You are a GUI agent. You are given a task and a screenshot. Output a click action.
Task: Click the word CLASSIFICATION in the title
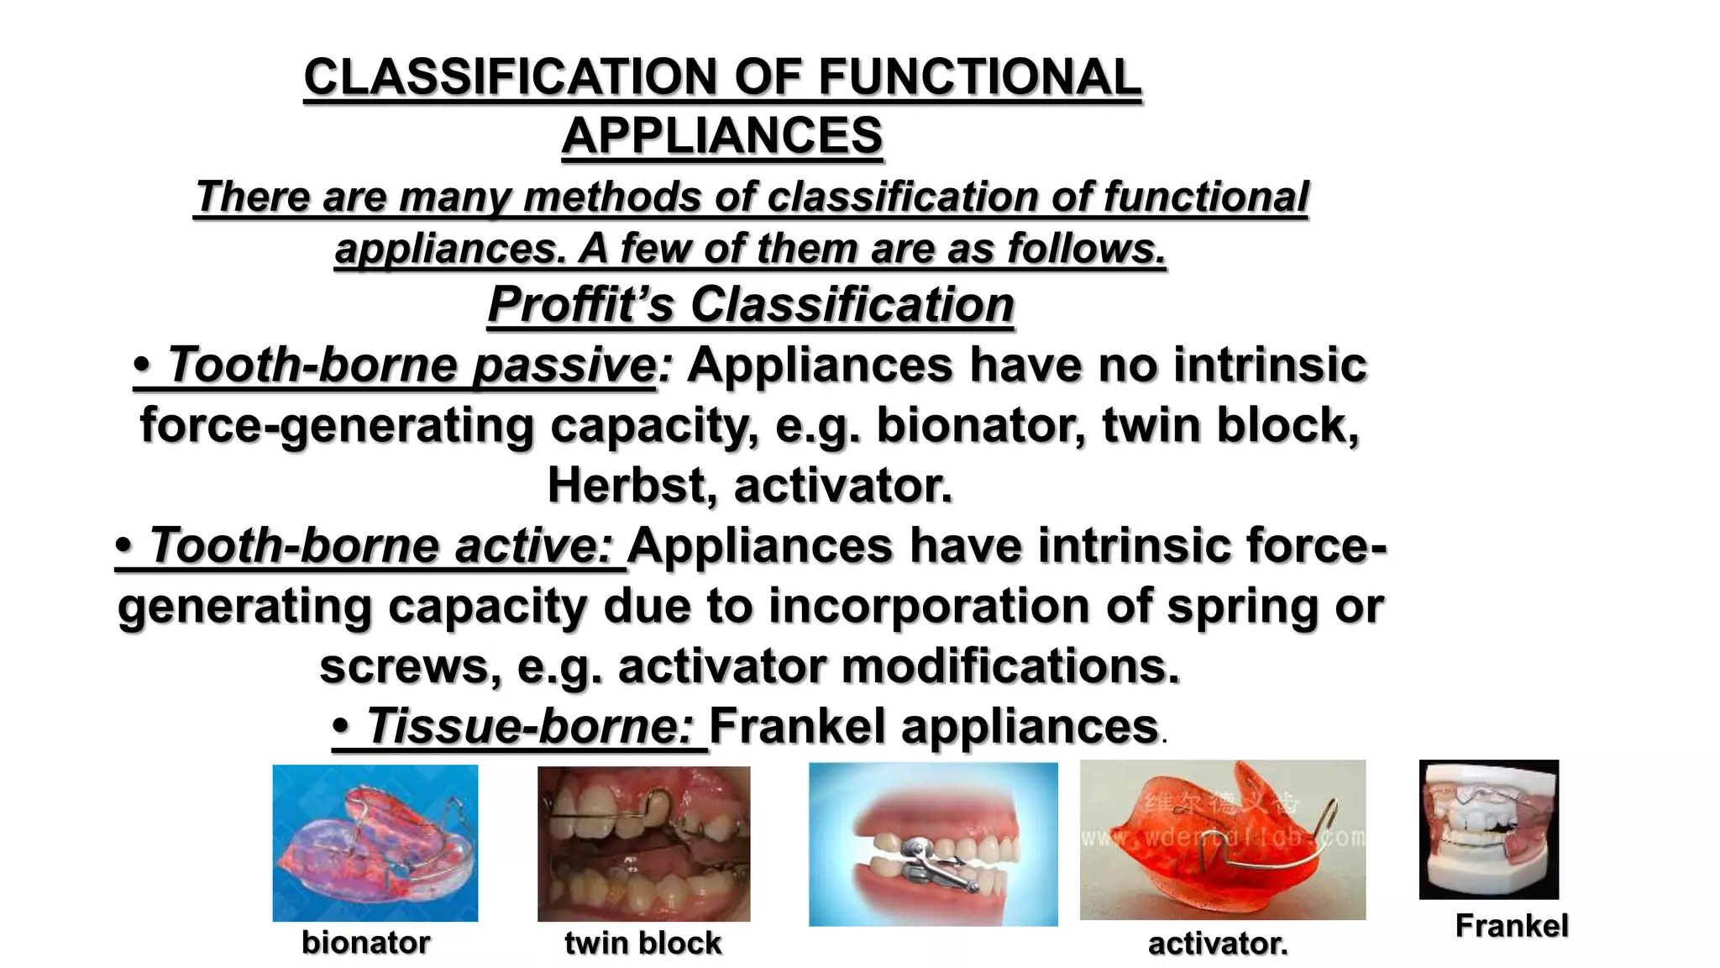pos(512,77)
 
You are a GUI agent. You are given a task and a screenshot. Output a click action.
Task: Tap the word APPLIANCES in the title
pos(722,136)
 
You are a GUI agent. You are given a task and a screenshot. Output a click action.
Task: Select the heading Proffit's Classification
pos(751,304)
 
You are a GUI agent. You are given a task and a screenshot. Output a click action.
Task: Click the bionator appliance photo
pos(375,843)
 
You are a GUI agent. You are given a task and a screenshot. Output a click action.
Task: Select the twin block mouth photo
pos(643,844)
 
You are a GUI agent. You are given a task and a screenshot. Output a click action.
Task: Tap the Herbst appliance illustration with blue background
pos(932,844)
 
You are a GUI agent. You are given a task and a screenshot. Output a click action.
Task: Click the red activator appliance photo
pos(1222,839)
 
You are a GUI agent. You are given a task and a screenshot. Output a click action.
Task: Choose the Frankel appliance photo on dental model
pos(1488,829)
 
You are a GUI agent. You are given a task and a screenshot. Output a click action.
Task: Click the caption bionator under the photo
pos(365,943)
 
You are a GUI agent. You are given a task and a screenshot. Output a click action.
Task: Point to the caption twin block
pos(642,943)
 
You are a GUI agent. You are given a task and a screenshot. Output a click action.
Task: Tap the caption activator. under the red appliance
pos(1217,944)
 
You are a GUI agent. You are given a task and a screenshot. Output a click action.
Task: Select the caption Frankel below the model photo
pos(1511,926)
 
